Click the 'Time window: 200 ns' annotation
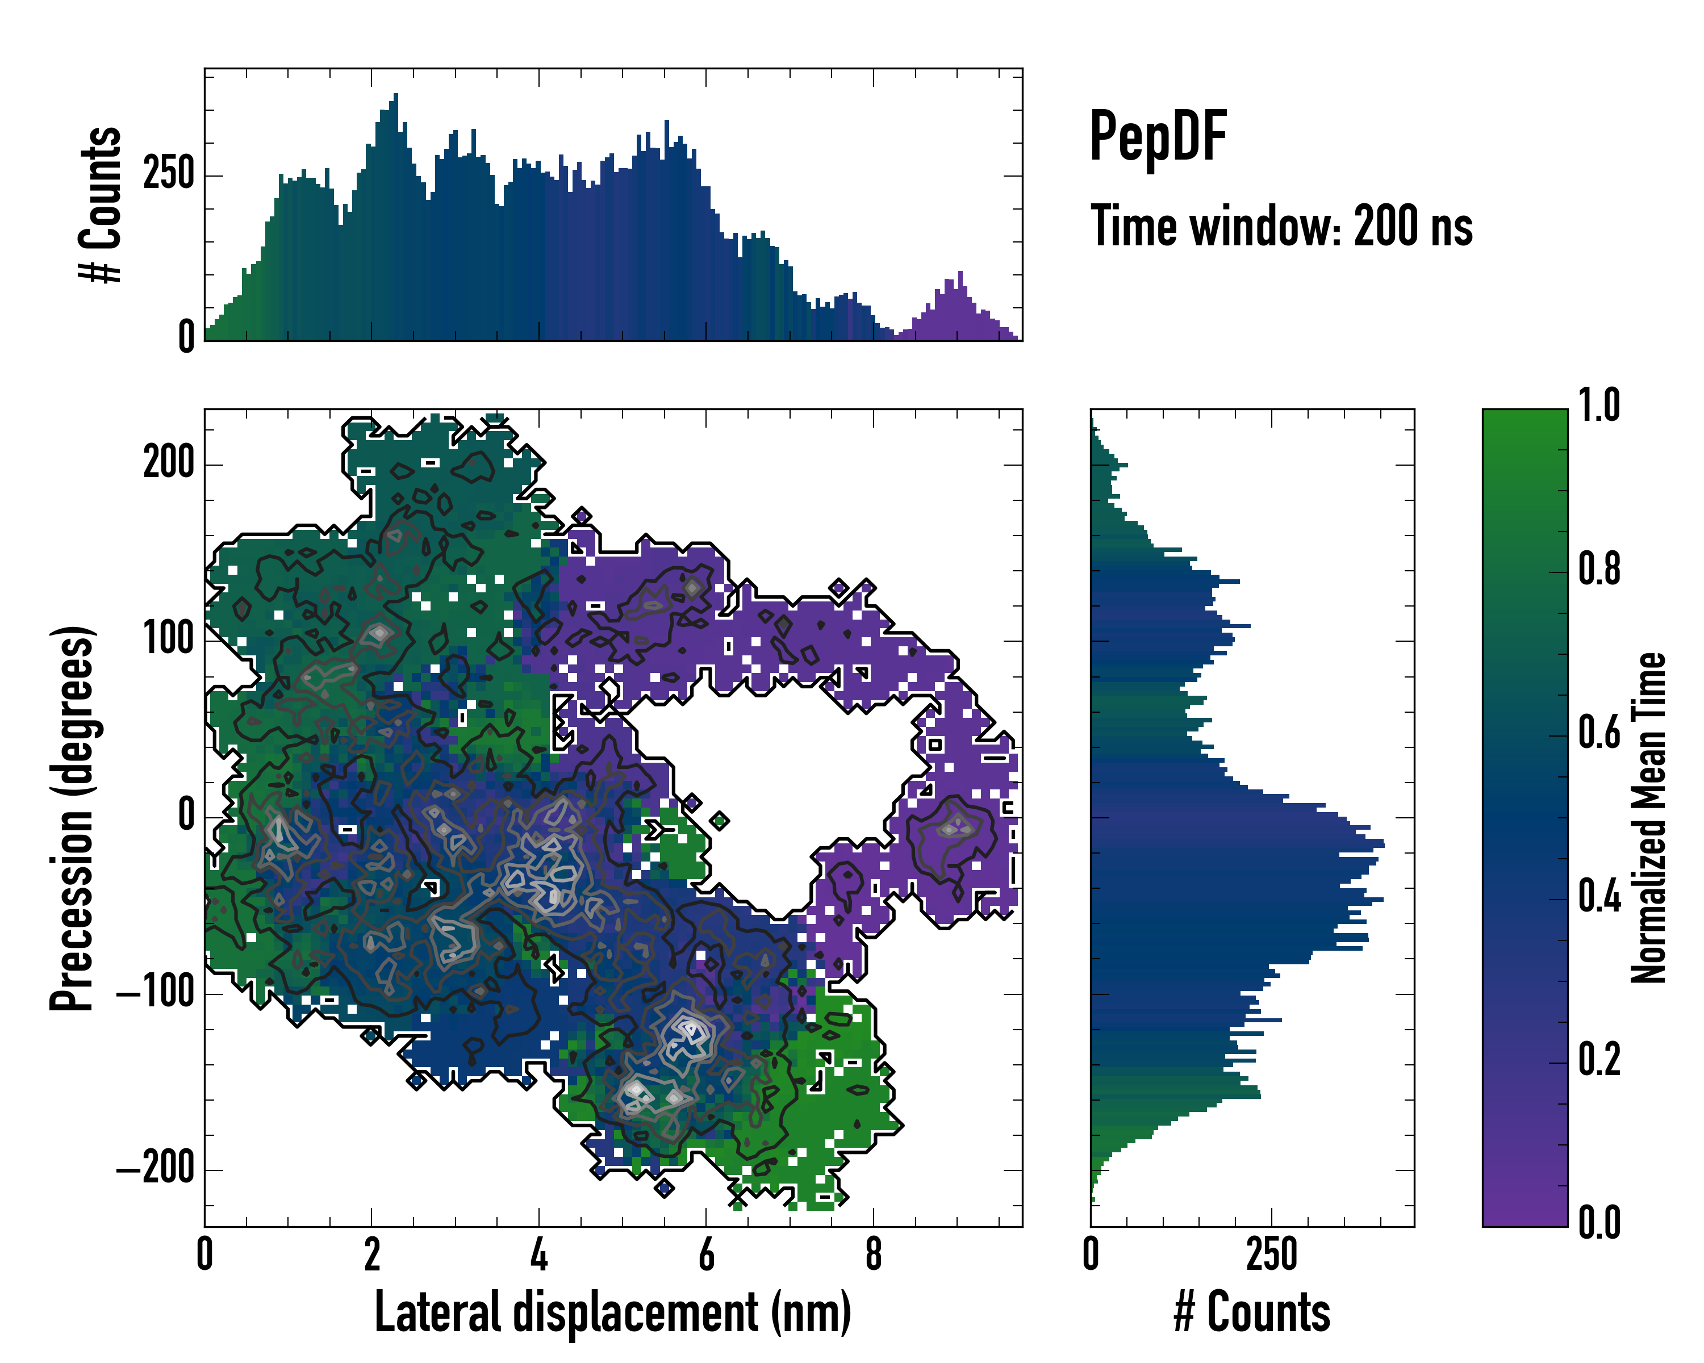1281,227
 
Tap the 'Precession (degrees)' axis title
73,818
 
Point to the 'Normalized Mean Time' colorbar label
1649,818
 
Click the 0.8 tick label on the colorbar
1599,570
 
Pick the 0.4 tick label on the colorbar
1599,897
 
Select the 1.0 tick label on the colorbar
1599,406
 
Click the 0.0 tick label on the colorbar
1599,1222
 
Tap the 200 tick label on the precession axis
168,463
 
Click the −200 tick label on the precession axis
156,1168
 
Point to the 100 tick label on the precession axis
168,639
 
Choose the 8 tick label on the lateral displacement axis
874,1255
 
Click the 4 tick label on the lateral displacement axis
539,1255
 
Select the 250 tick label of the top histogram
168,174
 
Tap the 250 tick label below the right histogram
1272,1255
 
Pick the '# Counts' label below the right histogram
1252,1312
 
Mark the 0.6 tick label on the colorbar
1599,733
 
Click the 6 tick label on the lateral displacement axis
707,1255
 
